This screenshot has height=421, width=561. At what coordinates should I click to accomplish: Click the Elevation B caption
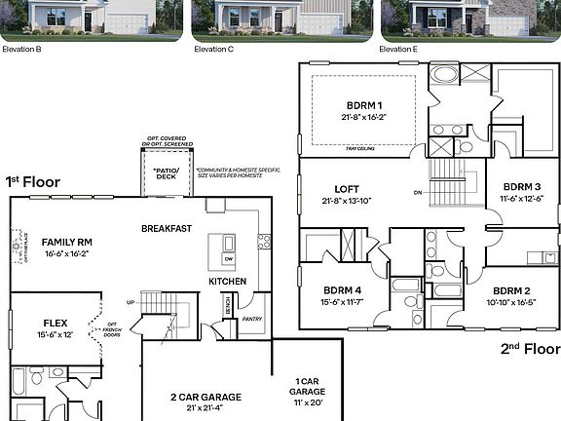click(x=21, y=48)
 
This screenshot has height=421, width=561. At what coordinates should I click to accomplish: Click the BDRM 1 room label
click(x=365, y=104)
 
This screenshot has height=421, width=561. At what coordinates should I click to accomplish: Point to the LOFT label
click(x=347, y=190)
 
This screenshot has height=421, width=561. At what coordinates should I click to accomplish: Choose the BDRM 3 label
click(x=521, y=187)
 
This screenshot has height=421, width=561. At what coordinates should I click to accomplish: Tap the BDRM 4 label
click(x=343, y=289)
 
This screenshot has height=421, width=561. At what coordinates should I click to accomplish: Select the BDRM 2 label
click(x=511, y=290)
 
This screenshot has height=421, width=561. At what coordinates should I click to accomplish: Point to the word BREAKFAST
click(x=166, y=228)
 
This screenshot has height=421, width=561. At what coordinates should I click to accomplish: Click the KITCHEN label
click(x=227, y=282)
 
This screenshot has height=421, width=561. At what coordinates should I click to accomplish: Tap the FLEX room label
click(x=55, y=322)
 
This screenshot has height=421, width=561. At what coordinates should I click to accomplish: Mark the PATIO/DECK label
click(x=166, y=172)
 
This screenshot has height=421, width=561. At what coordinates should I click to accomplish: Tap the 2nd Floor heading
click(x=530, y=348)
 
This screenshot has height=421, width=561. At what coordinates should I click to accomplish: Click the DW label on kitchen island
click(x=229, y=259)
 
